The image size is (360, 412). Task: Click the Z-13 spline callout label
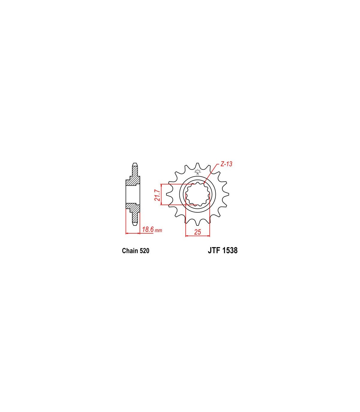pyautogui.click(x=226, y=164)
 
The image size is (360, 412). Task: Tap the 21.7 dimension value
pyautogui.click(x=157, y=195)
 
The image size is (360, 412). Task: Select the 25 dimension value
pyautogui.click(x=197, y=232)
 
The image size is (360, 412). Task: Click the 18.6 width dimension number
pyautogui.click(x=148, y=229)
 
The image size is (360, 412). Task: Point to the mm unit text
pyautogui.click(x=158, y=230)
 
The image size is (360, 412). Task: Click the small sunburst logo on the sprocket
pyautogui.click(x=197, y=171)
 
